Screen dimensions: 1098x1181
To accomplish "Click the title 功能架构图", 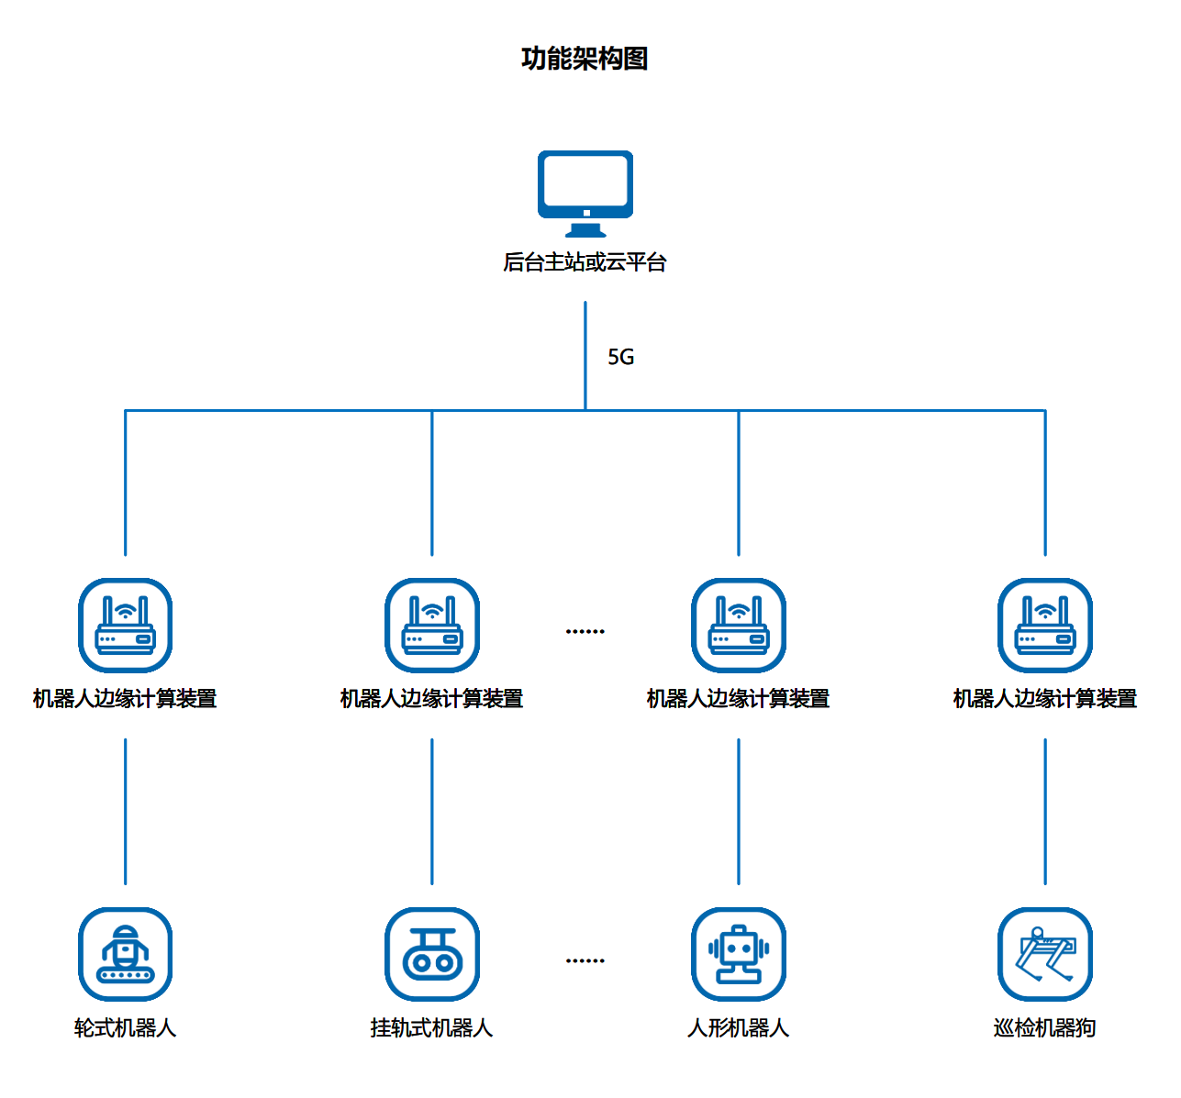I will (x=585, y=59).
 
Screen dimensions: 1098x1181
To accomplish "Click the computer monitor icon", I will (x=585, y=193).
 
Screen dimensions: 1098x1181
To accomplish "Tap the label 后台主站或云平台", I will (x=585, y=262).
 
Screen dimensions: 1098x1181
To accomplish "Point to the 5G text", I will (x=620, y=357).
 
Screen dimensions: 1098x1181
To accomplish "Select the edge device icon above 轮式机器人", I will (x=125, y=625).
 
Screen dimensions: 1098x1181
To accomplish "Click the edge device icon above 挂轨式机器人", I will (x=431, y=625).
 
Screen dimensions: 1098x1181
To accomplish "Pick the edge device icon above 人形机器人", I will (x=738, y=625).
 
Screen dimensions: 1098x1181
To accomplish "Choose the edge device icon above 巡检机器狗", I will (x=1044, y=625).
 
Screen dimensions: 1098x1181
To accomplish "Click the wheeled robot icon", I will (x=125, y=954).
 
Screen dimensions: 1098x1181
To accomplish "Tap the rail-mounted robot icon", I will (x=431, y=954).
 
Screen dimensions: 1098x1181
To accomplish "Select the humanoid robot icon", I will (x=738, y=954).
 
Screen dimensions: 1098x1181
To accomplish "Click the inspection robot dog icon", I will (x=1044, y=954).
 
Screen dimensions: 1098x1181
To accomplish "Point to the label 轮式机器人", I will (x=125, y=1028).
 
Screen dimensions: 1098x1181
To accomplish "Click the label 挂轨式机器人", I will (x=431, y=1028).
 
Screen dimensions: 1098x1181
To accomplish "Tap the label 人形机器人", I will (x=738, y=1028).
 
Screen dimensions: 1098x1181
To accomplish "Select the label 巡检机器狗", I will (x=1044, y=1028).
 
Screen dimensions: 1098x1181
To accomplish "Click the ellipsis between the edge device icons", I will (x=585, y=631).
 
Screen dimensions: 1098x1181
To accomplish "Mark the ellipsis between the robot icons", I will (x=585, y=960).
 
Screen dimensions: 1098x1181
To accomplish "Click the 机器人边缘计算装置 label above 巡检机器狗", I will (x=1044, y=699).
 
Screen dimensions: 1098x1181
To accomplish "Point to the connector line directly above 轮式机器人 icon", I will (x=125, y=812).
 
